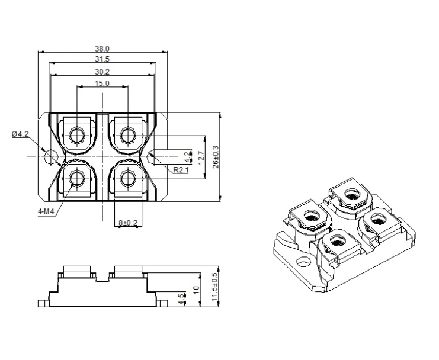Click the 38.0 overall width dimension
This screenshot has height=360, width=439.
[x=102, y=49]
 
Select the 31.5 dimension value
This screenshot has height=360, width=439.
[x=102, y=59]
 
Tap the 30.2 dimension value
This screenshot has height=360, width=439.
[x=102, y=72]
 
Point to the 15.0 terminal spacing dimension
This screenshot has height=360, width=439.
[x=102, y=84]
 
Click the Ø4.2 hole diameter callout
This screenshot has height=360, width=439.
[x=20, y=134]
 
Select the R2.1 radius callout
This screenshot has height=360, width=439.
[x=181, y=170]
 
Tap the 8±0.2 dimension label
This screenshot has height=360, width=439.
[x=127, y=223]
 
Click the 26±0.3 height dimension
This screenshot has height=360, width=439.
[x=216, y=156]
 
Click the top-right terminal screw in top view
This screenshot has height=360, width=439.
[x=127, y=135]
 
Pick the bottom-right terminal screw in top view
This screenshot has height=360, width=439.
[x=127, y=178]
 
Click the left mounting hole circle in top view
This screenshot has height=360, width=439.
[x=52, y=156]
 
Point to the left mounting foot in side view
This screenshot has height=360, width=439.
[x=43, y=304]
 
